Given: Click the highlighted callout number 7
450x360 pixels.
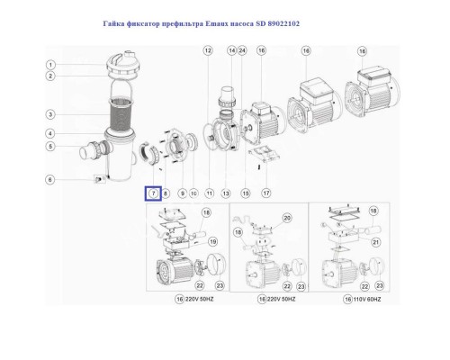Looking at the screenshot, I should tap(153, 193).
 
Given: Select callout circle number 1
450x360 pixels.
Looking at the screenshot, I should tap(52, 64).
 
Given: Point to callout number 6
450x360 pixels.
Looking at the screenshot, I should tap(52, 180).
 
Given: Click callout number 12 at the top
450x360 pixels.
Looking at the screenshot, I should tap(207, 51).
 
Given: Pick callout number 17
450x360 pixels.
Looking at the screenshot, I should tap(265, 193).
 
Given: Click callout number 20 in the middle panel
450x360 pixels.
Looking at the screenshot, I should tap(287, 218).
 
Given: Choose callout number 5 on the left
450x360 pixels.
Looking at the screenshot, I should tap(52, 146).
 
